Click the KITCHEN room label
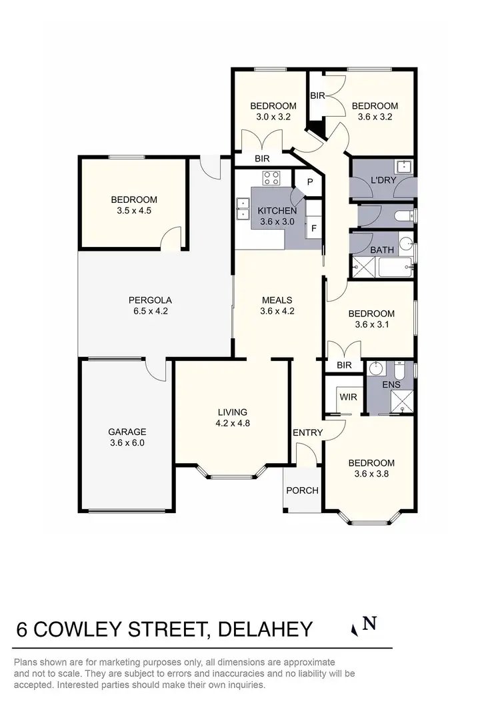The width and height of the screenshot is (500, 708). (277, 212)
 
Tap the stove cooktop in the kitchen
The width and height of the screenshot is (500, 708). (271, 178)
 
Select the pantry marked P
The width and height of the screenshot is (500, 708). (310, 182)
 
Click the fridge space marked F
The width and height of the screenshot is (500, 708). (313, 228)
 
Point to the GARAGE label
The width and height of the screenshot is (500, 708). (127, 432)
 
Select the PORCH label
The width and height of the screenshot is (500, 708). (302, 490)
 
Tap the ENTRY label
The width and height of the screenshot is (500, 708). (307, 433)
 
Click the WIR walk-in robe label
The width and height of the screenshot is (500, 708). (348, 397)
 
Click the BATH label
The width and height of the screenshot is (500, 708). (382, 250)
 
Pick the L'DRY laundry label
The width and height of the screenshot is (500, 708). (383, 182)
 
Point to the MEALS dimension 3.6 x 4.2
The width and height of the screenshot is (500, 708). (277, 310)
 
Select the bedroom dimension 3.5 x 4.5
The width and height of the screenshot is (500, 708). (134, 210)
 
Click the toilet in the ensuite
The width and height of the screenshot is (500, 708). (399, 370)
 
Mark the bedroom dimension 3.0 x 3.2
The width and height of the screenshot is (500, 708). (273, 116)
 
